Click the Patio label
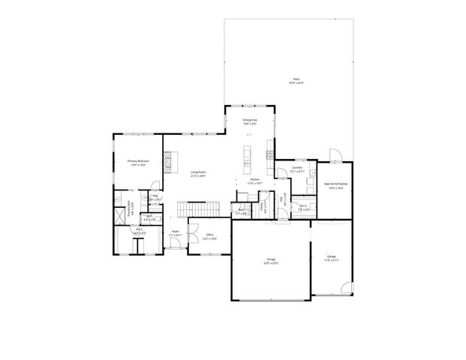(296, 79)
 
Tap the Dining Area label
(250, 121)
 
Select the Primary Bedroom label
(138, 163)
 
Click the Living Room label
(198, 174)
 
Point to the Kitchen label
(254, 181)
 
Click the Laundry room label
(297, 169)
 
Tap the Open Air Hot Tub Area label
(334, 185)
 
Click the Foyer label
(174, 233)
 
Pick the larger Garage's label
(270, 262)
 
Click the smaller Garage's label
(331, 259)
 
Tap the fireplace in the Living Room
(170, 160)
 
